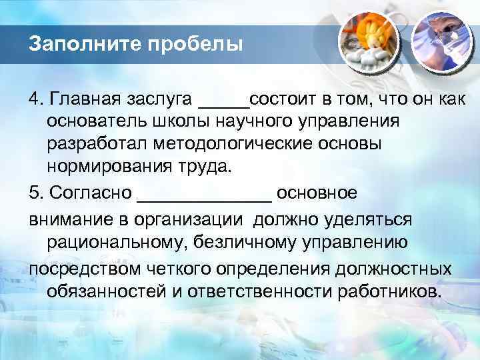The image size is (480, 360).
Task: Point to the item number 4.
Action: (x=34, y=100)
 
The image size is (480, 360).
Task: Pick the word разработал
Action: (x=98, y=144)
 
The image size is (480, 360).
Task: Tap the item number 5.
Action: (x=34, y=193)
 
